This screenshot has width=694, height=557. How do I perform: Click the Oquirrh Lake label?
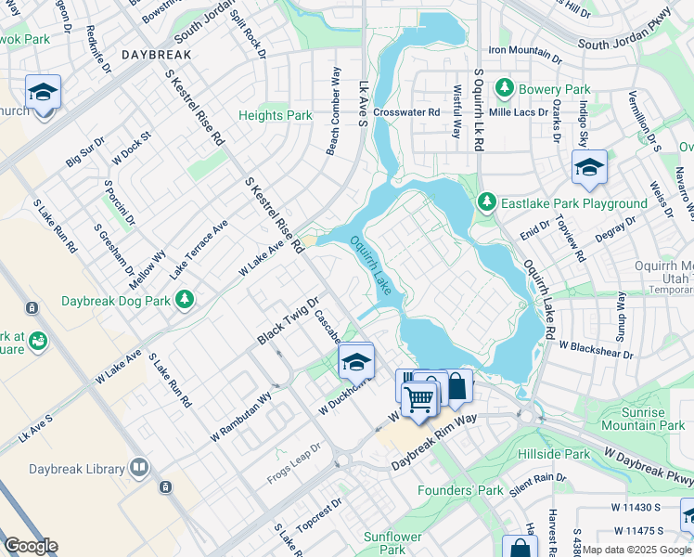click(x=377, y=266)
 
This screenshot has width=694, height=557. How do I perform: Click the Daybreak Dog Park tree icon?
click(x=186, y=300)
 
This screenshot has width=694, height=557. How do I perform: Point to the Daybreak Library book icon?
click(x=138, y=467)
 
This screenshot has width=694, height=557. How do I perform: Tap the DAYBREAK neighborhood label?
click(x=155, y=55)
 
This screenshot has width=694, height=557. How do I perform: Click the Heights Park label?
click(x=275, y=115)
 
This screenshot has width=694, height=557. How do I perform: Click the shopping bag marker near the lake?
click(x=457, y=385)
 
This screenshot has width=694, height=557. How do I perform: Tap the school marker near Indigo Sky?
click(x=589, y=167)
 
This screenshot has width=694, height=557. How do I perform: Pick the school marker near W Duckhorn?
click(x=355, y=360)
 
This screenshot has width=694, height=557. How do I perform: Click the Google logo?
click(x=30, y=545)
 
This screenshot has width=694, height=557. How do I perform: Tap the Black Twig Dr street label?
click(x=288, y=321)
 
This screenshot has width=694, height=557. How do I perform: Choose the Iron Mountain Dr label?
click(x=525, y=50)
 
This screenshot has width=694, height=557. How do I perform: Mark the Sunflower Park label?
click(x=392, y=543)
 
